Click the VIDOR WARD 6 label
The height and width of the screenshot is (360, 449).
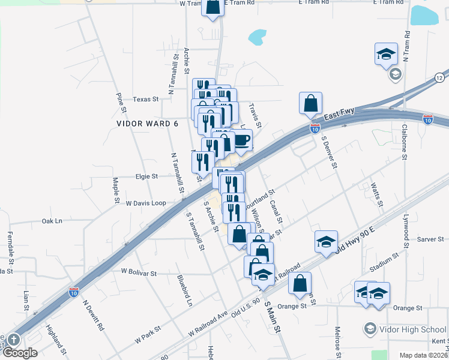click(x=148, y=123)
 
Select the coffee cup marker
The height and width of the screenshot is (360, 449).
click(x=241, y=140)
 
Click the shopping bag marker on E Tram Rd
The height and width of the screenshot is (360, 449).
click(x=212, y=7)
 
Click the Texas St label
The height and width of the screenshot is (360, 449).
click(x=145, y=99)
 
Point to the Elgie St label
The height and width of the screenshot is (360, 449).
click(x=146, y=176)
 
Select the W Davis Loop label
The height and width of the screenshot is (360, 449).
click(x=146, y=203)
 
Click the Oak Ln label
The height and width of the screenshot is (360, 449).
click(x=52, y=221)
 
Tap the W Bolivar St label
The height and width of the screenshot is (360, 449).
click(x=139, y=272)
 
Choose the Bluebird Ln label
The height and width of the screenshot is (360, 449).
click(x=184, y=290)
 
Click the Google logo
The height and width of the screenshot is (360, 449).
click(x=19, y=353)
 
